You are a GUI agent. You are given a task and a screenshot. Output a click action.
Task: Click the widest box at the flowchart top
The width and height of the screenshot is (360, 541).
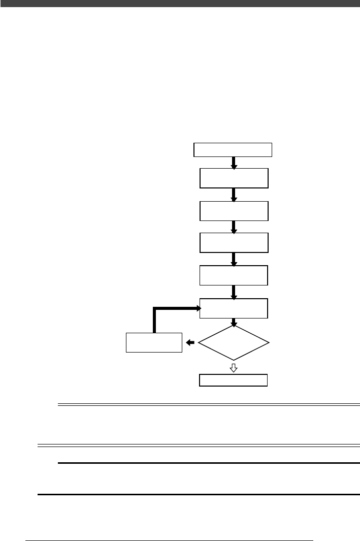[233, 150]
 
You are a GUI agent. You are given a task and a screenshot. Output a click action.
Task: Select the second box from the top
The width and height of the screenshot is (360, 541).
[234, 178]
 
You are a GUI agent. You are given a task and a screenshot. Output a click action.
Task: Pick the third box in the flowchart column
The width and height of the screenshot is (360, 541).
[234, 211]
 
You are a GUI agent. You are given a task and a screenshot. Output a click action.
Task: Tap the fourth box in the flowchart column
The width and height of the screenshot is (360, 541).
[234, 243]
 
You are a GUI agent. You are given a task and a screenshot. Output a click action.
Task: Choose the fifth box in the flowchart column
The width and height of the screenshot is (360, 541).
[234, 275]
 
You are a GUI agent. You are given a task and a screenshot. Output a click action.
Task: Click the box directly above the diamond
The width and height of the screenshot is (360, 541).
[234, 308]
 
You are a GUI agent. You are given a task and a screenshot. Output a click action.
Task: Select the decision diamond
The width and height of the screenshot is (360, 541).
[234, 343]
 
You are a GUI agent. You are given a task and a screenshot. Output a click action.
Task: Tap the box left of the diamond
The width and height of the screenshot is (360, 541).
[154, 342]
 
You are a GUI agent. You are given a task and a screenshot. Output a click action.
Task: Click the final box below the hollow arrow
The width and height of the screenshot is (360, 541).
[234, 380]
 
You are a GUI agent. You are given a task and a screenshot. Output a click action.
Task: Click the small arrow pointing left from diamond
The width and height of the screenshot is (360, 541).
[190, 343]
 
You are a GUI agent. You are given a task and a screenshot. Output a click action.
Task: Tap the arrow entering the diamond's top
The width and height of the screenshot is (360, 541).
[234, 322]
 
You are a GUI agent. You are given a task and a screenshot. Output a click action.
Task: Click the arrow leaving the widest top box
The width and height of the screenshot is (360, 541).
[234, 163]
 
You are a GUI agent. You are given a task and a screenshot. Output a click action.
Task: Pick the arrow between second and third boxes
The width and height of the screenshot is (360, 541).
[234, 195]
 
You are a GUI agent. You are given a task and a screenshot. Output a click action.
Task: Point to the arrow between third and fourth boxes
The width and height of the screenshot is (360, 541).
[234, 227]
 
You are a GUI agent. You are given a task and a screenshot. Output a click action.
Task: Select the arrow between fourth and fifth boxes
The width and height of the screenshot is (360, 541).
[234, 259]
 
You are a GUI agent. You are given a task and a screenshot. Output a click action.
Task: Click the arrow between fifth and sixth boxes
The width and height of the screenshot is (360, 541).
[234, 292]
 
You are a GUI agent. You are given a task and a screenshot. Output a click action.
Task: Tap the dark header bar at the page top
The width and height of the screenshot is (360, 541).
[180, 3]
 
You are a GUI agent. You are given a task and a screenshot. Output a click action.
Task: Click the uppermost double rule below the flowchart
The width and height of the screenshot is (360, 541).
[209, 405]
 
